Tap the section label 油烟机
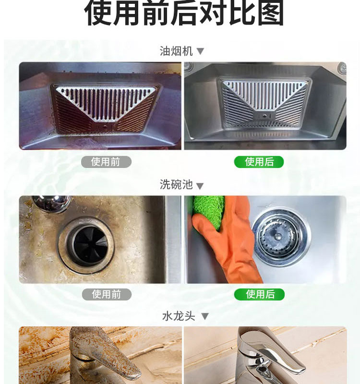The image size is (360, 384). point(176,51)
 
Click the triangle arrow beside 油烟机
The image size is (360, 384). point(200,51)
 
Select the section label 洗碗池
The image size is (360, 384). point(176,184)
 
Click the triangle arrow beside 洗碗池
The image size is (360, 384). point(200,186)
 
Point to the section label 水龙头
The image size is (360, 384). point(179,316)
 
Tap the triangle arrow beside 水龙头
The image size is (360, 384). point(205,316)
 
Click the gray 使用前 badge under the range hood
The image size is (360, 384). point(106,162)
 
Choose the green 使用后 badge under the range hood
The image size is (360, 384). point(259,162)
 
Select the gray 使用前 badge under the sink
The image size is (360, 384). point(107,294)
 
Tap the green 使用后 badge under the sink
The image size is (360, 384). point(259,294)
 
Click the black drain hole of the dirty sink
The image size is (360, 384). point(91,246)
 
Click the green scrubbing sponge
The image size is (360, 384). point(208,211)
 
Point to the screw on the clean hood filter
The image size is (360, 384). point(265,116)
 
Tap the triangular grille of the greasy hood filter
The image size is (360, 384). point(105,103)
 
